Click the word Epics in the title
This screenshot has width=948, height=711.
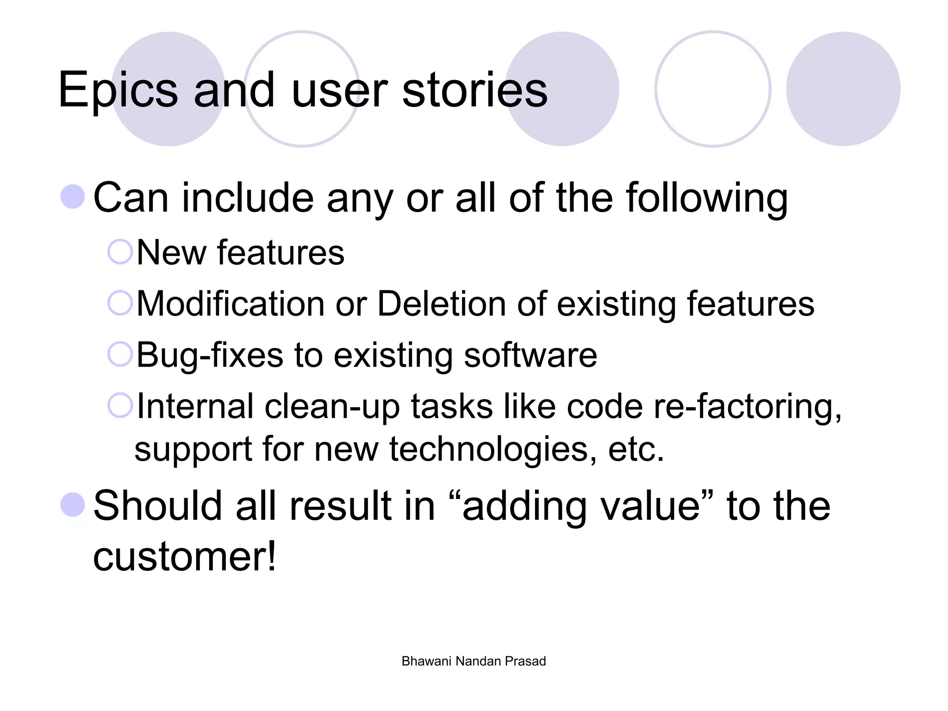click(x=118, y=90)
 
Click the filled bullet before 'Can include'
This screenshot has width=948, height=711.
click(x=73, y=197)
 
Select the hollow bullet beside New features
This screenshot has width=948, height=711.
click(x=120, y=252)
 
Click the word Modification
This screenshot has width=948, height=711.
click(x=231, y=304)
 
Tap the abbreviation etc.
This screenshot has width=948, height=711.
click(x=636, y=450)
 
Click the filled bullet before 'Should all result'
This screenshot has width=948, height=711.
click(x=73, y=505)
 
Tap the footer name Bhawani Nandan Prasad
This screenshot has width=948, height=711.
click(x=474, y=661)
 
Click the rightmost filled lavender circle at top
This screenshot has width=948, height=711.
click(x=843, y=89)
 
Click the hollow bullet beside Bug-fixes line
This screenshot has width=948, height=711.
click(x=120, y=354)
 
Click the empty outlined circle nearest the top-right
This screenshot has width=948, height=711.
click(x=713, y=89)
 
